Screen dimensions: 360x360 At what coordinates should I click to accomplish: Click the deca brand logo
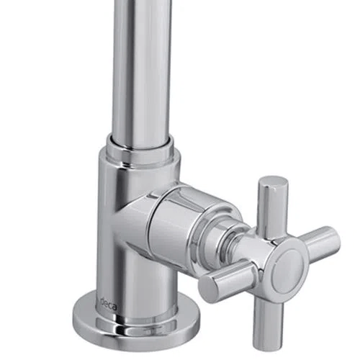pos(109,304)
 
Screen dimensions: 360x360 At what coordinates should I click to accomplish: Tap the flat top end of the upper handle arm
pos(274,181)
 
